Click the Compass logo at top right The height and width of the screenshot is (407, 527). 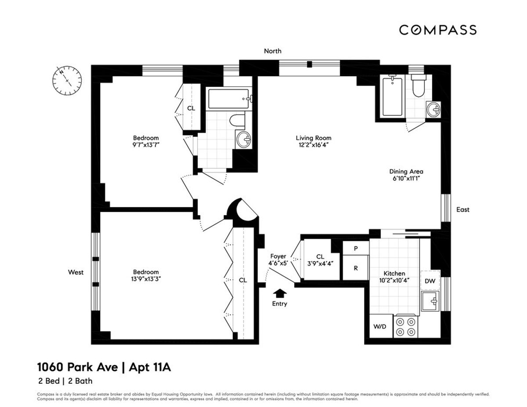tap(437, 30)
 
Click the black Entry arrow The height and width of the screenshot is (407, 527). tap(279, 293)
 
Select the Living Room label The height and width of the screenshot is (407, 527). tap(313, 138)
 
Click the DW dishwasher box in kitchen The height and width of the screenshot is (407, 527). tap(430, 280)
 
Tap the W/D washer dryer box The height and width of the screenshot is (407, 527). tap(380, 327)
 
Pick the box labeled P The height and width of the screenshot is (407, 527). tap(355, 248)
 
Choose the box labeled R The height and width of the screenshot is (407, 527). tap(355, 267)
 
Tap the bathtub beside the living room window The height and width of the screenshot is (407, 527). tap(392, 96)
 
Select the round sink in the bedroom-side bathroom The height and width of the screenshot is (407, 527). tap(243, 139)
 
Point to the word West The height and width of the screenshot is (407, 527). tap(76, 272)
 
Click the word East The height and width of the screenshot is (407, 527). tap(462, 209)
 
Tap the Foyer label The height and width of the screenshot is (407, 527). tap(278, 256)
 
